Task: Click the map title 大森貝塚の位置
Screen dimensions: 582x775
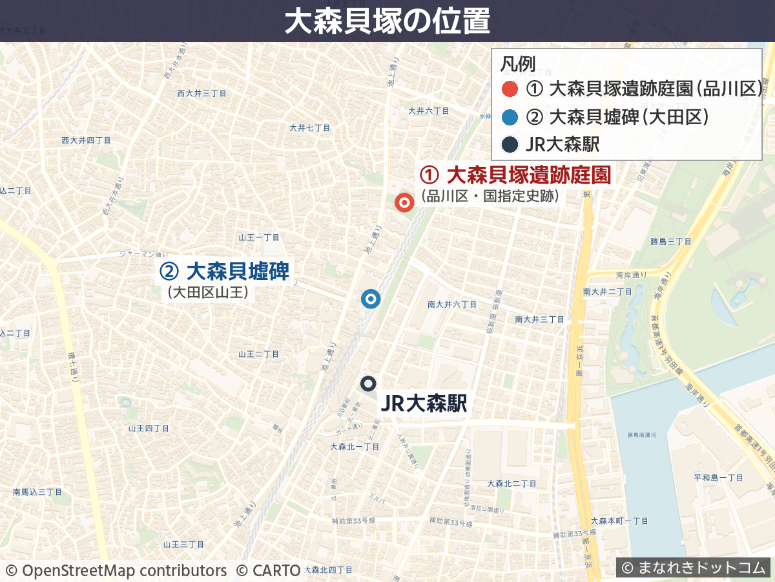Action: (387, 21)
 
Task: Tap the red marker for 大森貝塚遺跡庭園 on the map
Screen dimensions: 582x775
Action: (405, 202)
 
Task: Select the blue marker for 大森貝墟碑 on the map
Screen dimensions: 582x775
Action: (371, 299)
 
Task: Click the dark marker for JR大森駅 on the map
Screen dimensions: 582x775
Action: (369, 383)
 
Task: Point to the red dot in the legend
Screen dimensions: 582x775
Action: (510, 89)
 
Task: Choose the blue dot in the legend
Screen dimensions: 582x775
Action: (510, 117)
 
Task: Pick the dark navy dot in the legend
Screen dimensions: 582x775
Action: (510, 145)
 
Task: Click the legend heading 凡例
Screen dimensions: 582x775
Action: (518, 64)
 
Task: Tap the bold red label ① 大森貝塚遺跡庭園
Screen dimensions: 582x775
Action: (515, 175)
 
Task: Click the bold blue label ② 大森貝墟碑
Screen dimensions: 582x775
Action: (224, 272)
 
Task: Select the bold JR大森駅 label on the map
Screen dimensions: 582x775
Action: (424, 404)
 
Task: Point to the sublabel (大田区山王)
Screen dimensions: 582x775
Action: (208, 293)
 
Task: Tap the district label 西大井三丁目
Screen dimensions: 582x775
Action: (201, 94)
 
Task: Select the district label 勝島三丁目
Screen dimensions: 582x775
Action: (670, 241)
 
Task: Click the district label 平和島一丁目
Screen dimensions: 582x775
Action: (718, 478)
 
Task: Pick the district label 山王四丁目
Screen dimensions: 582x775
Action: (149, 428)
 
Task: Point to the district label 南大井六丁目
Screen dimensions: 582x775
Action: (452, 304)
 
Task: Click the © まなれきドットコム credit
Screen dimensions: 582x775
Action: (693, 568)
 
